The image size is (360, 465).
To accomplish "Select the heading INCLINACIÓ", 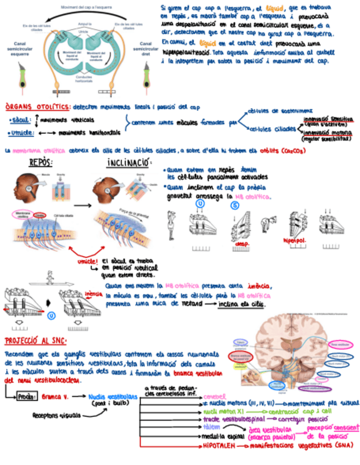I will click(x=128, y=163).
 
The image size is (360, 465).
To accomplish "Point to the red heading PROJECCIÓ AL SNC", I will click(x=35, y=341).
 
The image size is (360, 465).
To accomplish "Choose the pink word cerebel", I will click(x=214, y=395).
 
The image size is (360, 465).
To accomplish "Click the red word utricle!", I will click(x=88, y=262).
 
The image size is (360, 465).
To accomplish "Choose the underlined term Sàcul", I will click(x=21, y=120).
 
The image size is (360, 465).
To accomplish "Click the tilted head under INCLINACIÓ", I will click(x=105, y=189).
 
